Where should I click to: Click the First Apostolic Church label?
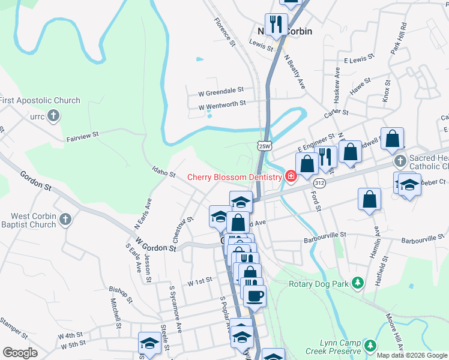pyautogui.click(x=40, y=100)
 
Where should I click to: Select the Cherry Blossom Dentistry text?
pyautogui.click(x=235, y=176)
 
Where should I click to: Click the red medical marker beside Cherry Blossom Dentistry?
pyautogui.click(x=291, y=176)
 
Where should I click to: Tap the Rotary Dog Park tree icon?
pyautogui.click(x=358, y=282)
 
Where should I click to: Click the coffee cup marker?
pyautogui.click(x=255, y=295)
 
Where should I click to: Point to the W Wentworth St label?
pyautogui.click(x=222, y=104)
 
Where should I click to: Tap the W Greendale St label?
pyautogui.click(x=221, y=89)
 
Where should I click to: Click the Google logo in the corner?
pyautogui.click(x=20, y=352)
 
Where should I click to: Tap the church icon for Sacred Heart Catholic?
pyautogui.click(x=400, y=161)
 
